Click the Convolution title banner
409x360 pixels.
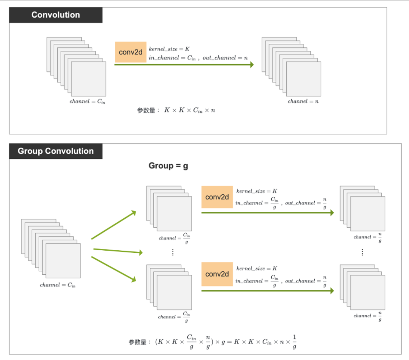pyautogui.click(x=56, y=15)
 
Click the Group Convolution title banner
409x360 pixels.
pyautogui.click(x=56, y=151)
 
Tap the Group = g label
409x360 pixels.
pyautogui.click(x=168, y=166)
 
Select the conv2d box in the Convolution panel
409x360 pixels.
pyautogui.click(x=131, y=52)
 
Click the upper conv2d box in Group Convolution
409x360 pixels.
pyautogui.click(x=217, y=197)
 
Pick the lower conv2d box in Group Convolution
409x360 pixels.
pyautogui.click(x=217, y=274)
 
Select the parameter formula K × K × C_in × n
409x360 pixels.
pyautogui.click(x=189, y=110)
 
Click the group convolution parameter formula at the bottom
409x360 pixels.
pyautogui.click(x=213, y=342)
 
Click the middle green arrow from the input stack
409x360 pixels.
pyautogui.click(x=118, y=251)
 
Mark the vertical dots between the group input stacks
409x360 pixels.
pyautogui.click(x=173, y=252)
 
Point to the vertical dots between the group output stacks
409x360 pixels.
pyautogui.click(x=363, y=252)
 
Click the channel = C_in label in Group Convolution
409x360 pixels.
pyautogui.click(x=58, y=285)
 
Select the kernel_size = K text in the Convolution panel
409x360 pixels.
pyautogui.click(x=169, y=49)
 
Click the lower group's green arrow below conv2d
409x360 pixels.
pyautogui.click(x=267, y=291)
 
